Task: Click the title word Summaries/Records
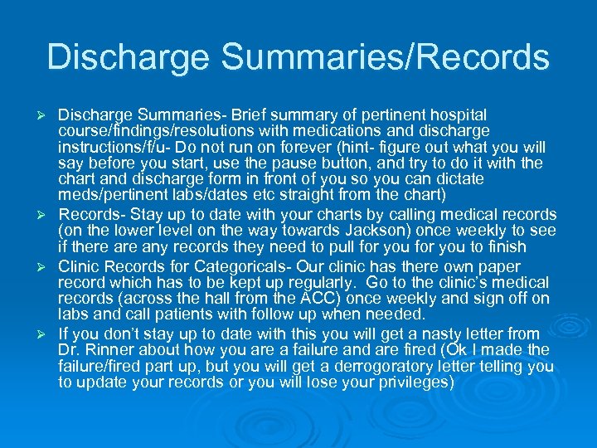(x=387, y=57)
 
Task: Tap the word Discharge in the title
(x=130, y=57)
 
